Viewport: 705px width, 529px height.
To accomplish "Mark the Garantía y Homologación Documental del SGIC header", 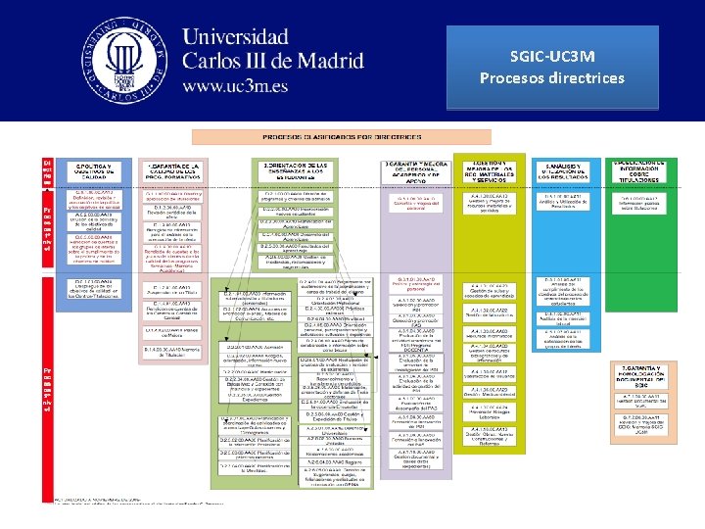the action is click(x=643, y=376).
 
